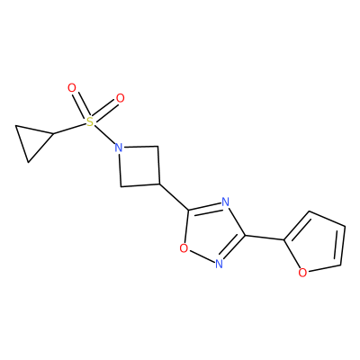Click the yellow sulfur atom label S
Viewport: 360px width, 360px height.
point(90,121)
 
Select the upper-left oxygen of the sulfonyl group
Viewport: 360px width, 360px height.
point(72,88)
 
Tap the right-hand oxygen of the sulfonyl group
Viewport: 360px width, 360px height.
point(120,98)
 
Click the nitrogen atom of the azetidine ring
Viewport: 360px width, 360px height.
point(119,148)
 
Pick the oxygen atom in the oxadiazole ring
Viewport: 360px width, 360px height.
point(184,248)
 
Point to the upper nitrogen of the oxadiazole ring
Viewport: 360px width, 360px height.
point(226,202)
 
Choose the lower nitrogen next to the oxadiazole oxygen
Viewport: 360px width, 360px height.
point(220,264)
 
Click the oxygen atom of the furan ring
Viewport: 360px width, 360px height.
point(303,273)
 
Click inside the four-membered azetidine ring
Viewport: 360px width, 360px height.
point(139,166)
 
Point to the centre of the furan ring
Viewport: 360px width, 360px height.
point(318,244)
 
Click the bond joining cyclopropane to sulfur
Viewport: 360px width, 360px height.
point(69,128)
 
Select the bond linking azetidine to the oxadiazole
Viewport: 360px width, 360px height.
point(175,196)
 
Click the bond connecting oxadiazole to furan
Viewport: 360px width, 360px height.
point(265,238)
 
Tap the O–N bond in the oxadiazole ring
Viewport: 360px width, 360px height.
point(202,256)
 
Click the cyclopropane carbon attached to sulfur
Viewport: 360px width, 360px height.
point(53,133)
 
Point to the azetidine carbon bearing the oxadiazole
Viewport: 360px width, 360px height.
point(160,184)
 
